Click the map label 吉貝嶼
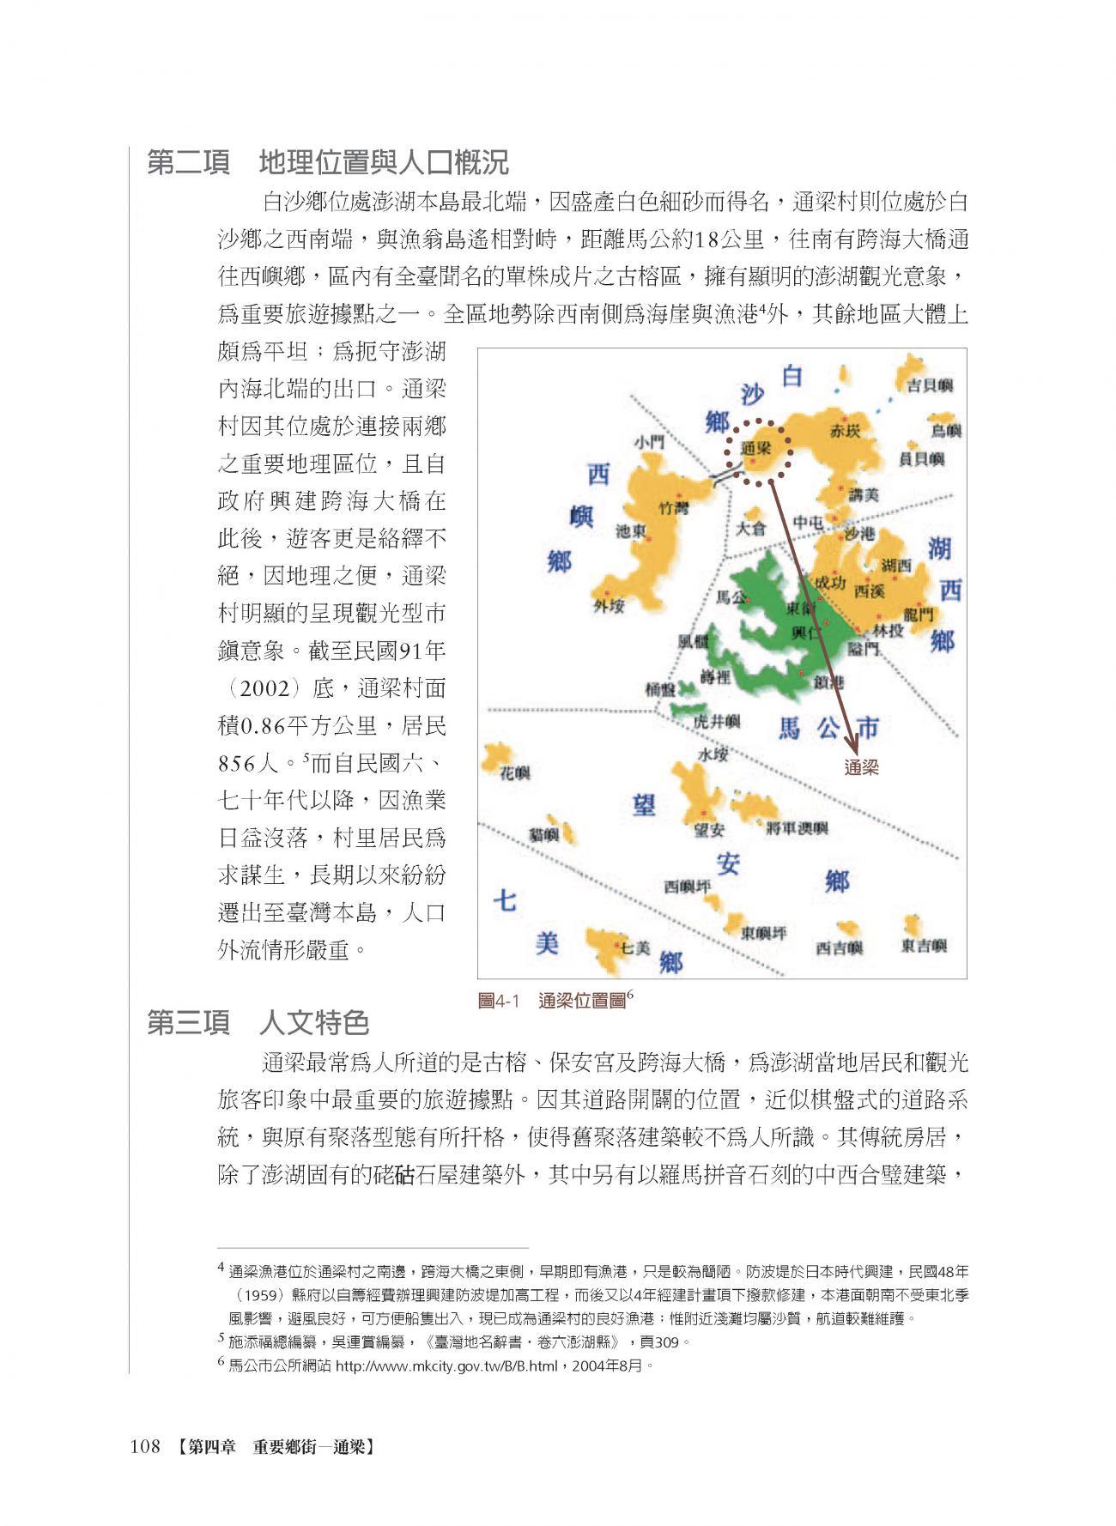[929, 385]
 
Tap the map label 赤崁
[845, 431]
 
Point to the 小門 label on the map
[649, 442]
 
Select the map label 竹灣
[673, 508]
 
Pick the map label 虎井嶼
[716, 722]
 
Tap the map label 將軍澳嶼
[797, 828]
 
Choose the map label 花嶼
[515, 773]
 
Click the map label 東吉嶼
[924, 946]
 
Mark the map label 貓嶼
[543, 834]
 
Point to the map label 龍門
[918, 615]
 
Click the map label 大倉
[750, 528]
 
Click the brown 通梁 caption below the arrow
[861, 767]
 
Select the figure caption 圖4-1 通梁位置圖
[555, 1001]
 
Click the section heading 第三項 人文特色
[258, 1023]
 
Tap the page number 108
[145, 1447]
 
